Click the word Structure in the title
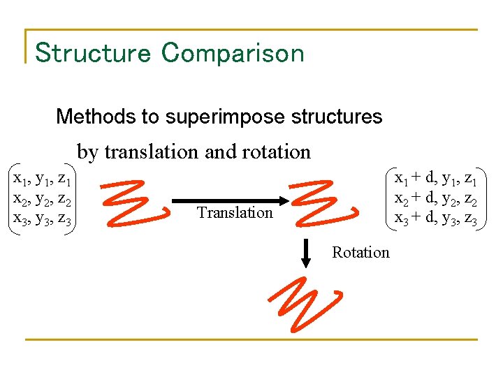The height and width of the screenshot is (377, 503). [92, 53]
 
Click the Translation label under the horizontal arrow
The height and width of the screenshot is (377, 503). [235, 212]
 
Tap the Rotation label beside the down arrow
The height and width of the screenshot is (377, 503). [360, 252]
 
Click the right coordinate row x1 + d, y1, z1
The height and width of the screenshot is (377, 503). [435, 179]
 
